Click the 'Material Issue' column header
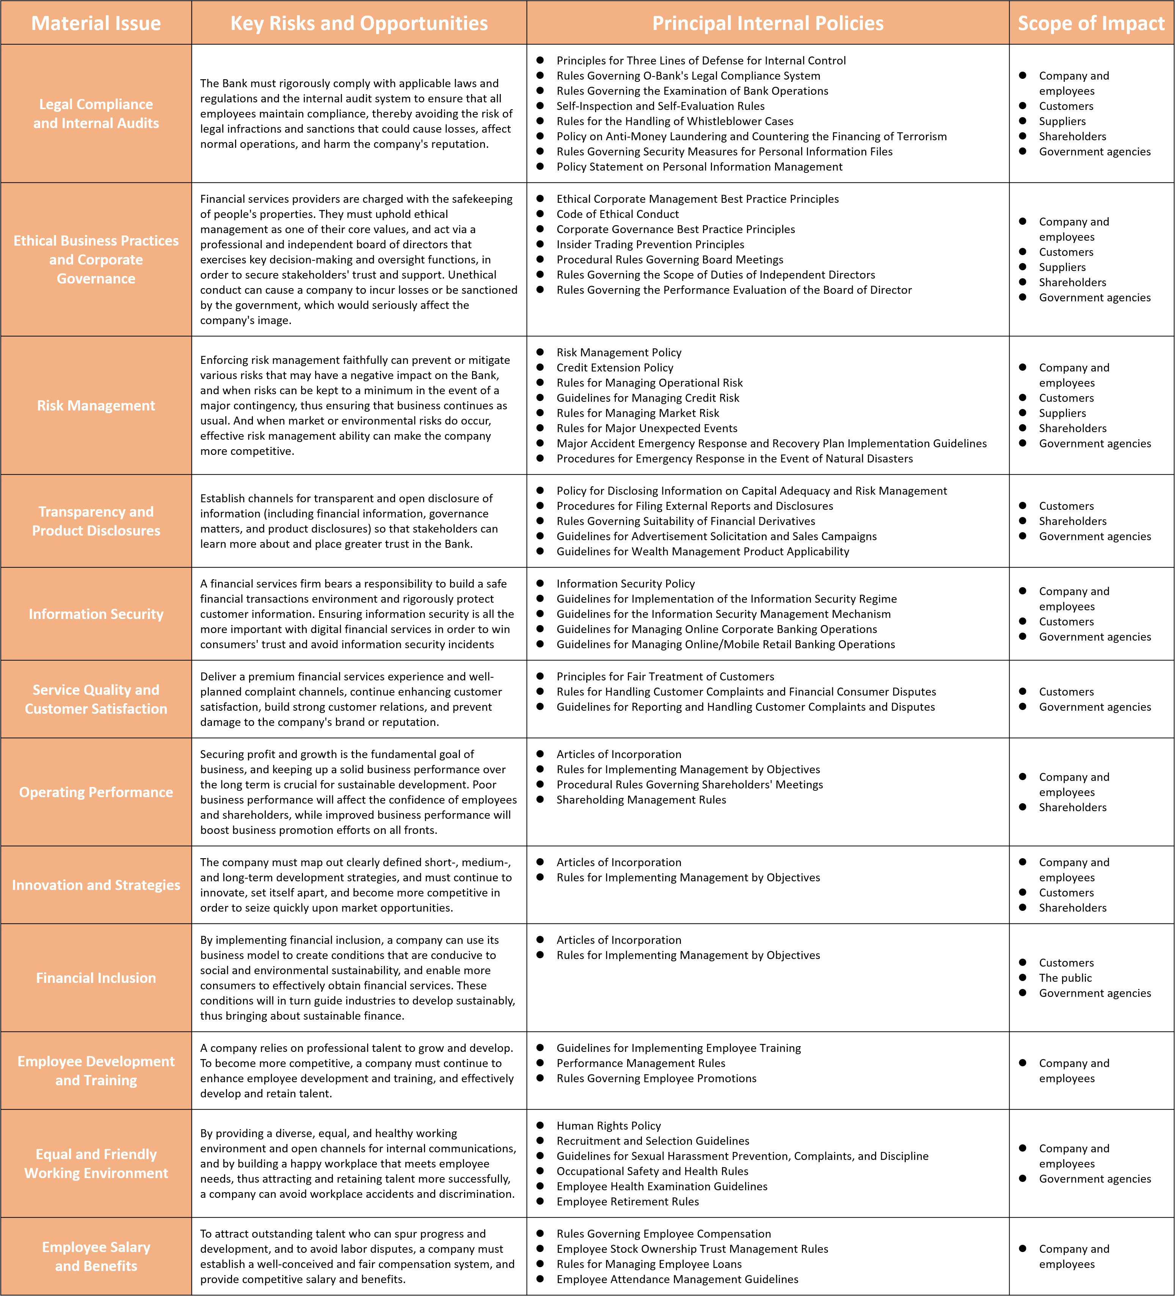click(96, 23)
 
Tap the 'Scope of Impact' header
click(1091, 23)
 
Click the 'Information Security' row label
click(96, 614)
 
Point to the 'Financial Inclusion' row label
click(96, 978)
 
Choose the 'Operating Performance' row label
click(96, 792)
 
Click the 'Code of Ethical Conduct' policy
click(617, 214)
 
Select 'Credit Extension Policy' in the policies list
click(615, 368)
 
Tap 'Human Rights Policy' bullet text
click(609, 1126)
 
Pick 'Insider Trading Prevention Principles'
click(650, 244)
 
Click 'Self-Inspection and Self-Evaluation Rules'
click(660, 106)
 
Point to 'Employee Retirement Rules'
click(628, 1202)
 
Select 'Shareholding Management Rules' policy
click(641, 800)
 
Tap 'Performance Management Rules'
click(640, 1063)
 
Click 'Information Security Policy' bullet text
click(625, 584)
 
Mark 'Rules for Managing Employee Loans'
click(649, 1264)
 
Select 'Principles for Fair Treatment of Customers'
click(665, 677)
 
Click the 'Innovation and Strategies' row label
click(96, 885)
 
